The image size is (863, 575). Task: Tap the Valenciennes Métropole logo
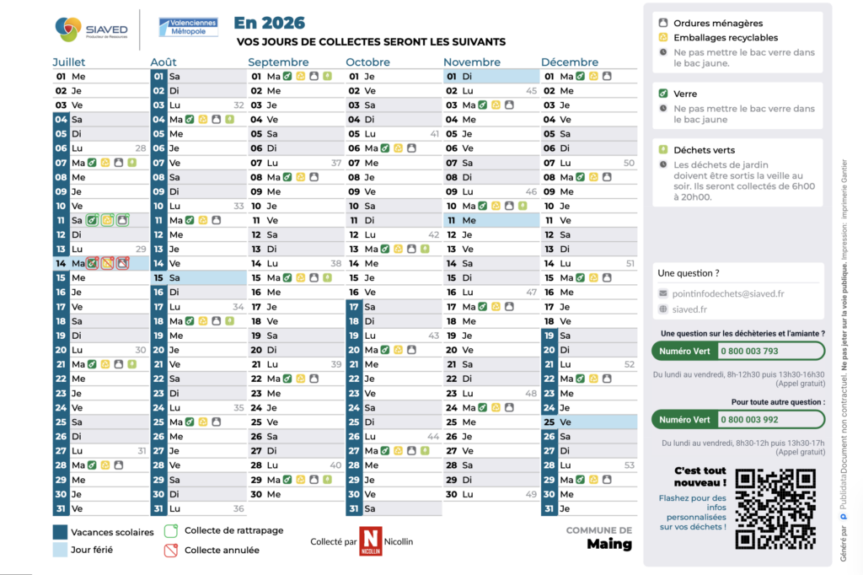188,28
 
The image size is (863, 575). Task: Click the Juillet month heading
69,62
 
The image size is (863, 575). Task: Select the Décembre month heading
570,62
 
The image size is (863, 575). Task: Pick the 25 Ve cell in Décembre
589,422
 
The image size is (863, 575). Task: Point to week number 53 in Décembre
629,465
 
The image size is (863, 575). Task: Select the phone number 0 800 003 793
749,351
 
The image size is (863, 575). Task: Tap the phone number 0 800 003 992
749,419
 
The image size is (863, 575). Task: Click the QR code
775,509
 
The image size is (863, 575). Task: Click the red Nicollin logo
370,540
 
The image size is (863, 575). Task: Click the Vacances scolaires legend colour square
60,532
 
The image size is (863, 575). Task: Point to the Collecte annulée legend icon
170,550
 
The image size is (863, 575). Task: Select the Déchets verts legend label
704,150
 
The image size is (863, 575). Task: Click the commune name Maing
609,544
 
